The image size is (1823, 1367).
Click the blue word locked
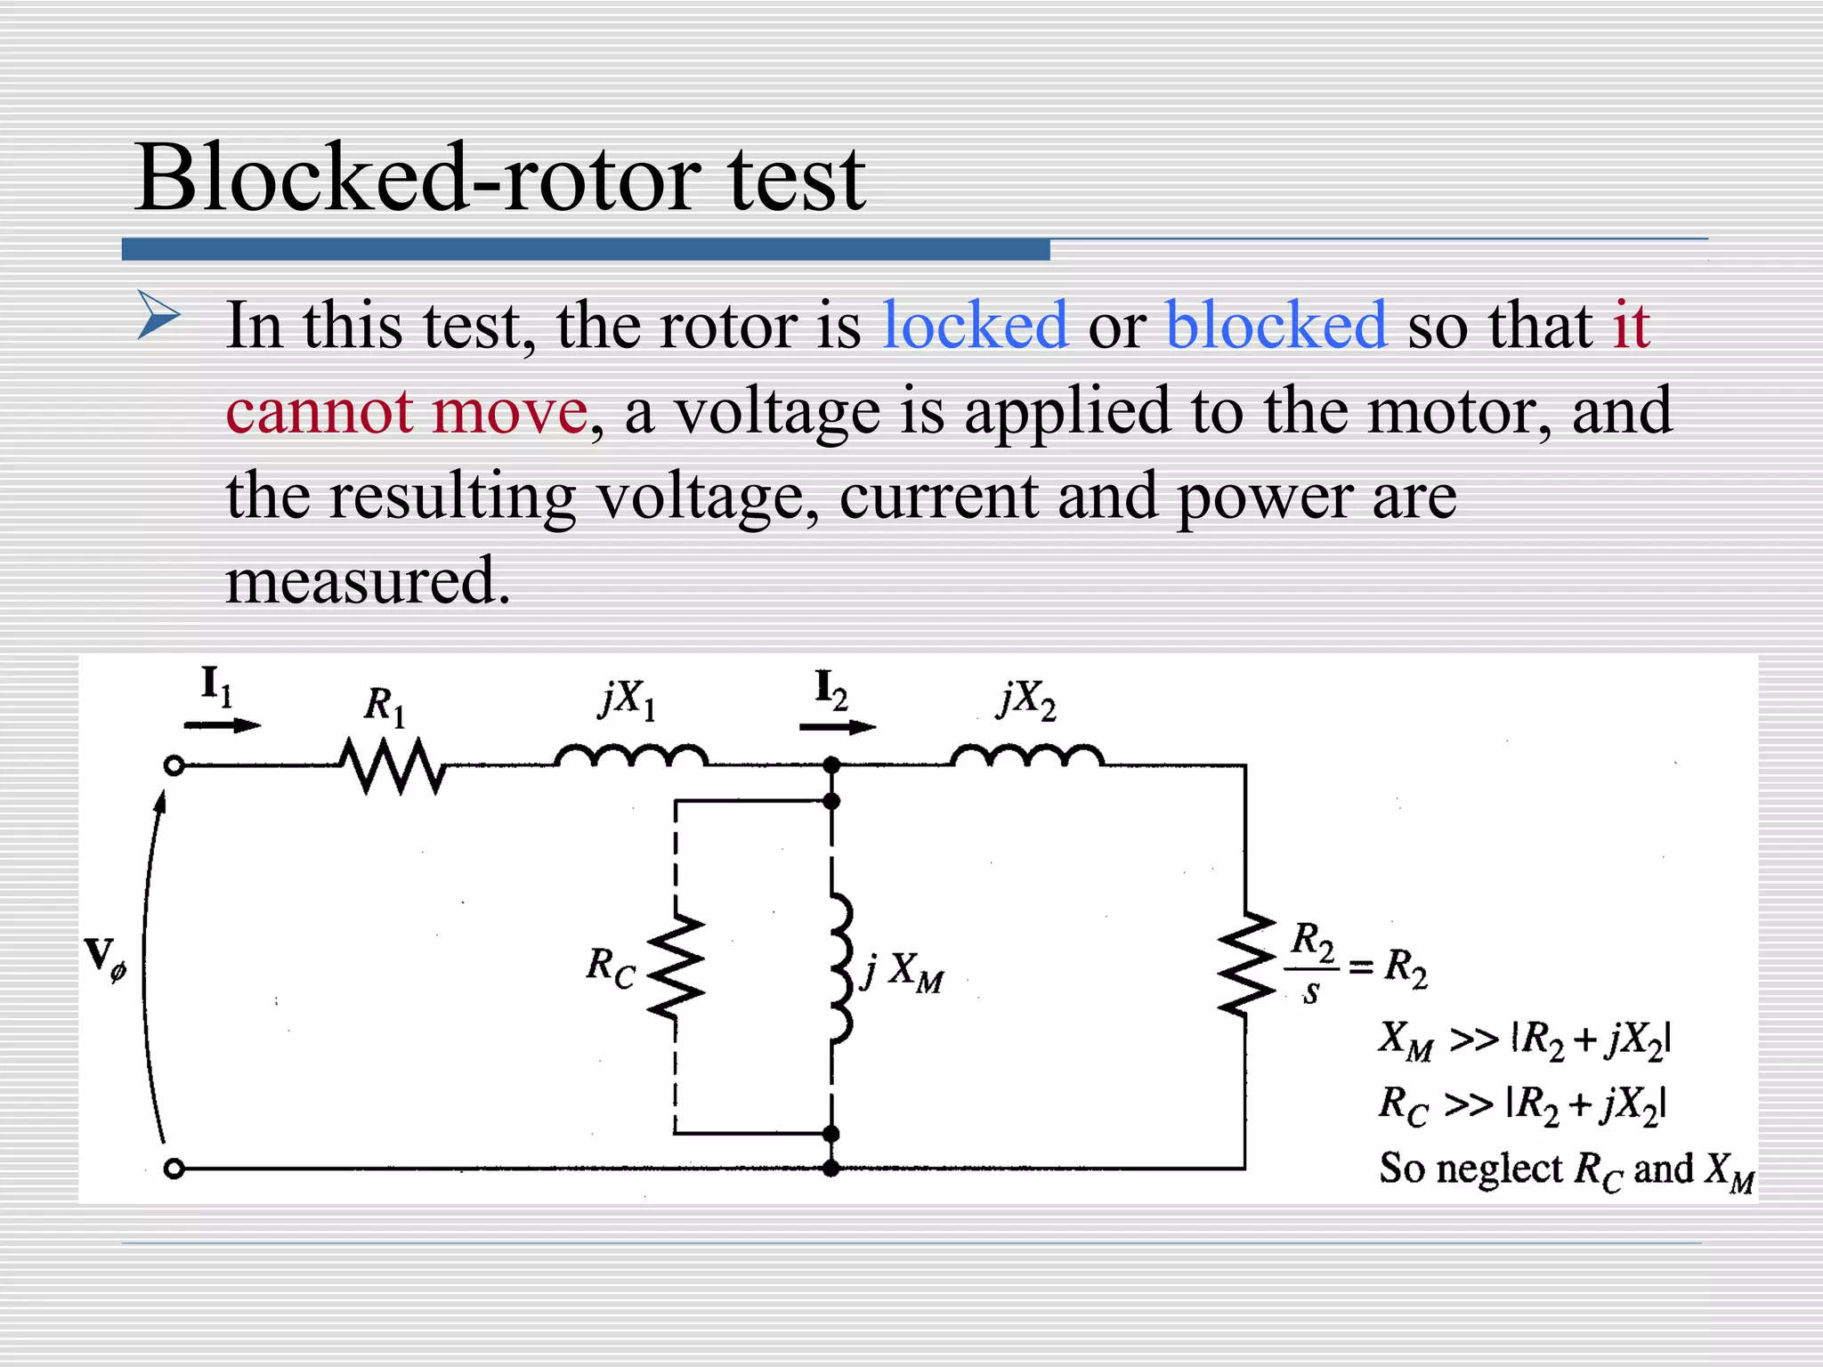tap(975, 326)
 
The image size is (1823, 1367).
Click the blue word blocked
tap(1276, 326)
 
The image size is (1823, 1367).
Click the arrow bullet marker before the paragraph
tap(159, 316)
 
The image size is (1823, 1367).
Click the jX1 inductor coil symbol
tap(631, 756)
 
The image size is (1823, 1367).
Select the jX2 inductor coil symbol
tap(1027, 756)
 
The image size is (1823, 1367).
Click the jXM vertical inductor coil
tap(839, 967)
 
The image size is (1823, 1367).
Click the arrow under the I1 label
tap(222, 725)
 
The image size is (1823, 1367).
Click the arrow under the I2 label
tap(837, 727)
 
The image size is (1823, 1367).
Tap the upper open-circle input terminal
tap(174, 766)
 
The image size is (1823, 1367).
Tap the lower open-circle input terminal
tap(174, 1169)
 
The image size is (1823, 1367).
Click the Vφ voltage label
tap(106, 959)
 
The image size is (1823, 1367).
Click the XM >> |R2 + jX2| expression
tap(1525, 1039)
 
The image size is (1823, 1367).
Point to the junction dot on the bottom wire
tap(831, 1169)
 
